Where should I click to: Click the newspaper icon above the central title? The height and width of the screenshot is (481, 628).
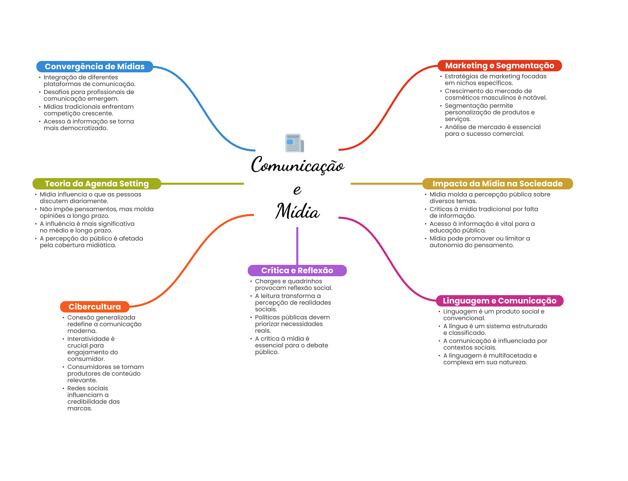294,143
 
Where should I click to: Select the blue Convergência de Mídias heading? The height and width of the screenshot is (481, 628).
95,67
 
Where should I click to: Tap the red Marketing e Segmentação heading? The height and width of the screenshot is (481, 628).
500,66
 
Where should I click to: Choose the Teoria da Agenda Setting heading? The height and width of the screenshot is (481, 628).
97,184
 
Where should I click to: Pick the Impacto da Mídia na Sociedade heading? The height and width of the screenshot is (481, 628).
497,184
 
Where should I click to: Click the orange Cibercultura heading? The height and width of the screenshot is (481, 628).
95,307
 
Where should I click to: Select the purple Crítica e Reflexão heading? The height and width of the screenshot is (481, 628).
297,270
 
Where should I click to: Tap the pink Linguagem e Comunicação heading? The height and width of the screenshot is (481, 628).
500,301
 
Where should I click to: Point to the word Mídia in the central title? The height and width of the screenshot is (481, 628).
297,211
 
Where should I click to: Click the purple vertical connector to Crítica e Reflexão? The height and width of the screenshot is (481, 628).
297,246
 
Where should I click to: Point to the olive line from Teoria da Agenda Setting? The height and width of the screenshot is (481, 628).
202,184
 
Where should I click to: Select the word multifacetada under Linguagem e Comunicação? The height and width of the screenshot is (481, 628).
510,356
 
